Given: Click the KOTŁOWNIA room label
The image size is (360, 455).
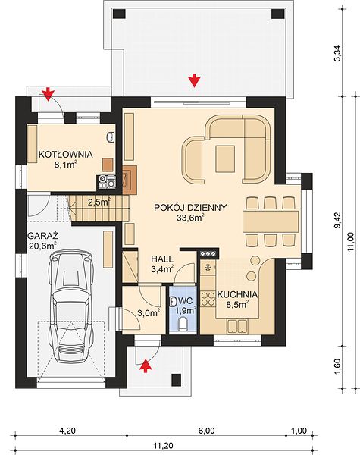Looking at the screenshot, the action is point(66,154).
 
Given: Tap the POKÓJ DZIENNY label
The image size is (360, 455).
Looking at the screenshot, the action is point(190,208).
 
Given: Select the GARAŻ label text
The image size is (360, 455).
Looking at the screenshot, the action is point(43,234).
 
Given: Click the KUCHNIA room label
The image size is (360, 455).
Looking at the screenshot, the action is point(237,294).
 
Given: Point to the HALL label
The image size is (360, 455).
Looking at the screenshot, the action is point(162,259).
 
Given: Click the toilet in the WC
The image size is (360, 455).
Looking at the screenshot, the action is point(183,324).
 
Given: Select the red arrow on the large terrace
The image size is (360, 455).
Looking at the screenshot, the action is point(194,80).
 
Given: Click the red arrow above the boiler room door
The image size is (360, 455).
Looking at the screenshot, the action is point(48,93).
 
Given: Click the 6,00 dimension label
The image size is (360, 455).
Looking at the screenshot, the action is point(206,431).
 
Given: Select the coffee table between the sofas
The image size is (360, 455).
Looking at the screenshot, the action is point(225,159).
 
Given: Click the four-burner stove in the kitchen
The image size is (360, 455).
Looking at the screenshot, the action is point(208,299).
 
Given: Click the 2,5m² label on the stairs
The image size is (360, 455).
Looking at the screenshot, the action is point(99,202).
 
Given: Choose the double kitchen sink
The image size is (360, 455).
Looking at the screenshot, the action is point(237,325).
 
